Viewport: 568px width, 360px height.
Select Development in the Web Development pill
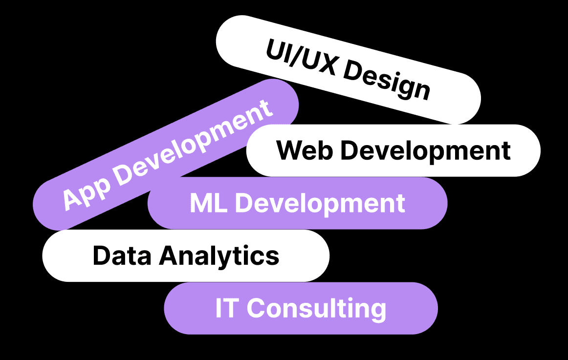425,151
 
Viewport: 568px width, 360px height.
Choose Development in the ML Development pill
320,203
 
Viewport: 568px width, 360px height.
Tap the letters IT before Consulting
226,308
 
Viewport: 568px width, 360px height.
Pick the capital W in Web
289,150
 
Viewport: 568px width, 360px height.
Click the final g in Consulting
377,311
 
